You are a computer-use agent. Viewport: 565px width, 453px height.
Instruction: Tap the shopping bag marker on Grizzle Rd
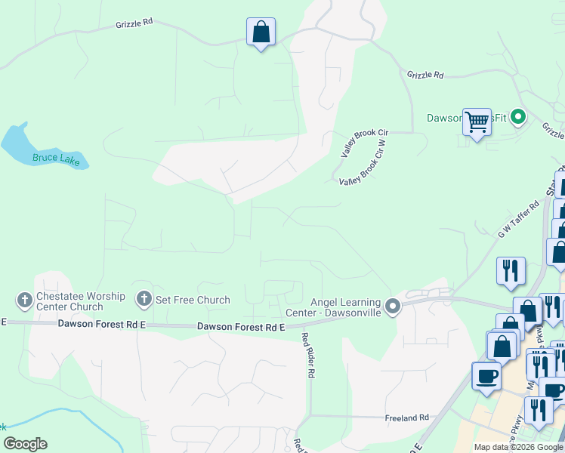pos(261,32)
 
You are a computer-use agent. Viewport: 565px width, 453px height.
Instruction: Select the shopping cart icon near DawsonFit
pos(477,122)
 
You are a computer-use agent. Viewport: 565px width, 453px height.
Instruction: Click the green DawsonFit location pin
pos(518,117)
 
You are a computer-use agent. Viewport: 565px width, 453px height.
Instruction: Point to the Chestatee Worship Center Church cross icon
pos(24,300)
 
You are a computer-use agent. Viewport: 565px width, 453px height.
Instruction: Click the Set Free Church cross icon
pos(144,300)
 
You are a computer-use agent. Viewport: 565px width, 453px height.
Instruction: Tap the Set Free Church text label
pos(193,300)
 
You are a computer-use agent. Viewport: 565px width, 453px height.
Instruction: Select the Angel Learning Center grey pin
pos(392,306)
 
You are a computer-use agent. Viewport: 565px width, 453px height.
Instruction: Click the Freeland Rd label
pos(408,417)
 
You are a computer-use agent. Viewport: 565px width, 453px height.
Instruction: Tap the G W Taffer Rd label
pos(518,220)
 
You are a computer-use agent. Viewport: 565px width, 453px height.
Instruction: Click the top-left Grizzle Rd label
pos(134,23)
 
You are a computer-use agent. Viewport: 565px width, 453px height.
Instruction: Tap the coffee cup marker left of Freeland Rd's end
pos(486,376)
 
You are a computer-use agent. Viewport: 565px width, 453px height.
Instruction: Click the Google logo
pos(25,444)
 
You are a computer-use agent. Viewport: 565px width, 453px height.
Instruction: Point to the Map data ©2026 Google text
pos(518,447)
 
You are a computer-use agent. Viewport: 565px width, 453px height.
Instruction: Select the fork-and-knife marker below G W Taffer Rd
pos(511,270)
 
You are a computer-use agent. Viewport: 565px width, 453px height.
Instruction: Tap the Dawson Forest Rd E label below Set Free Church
pos(241,327)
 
